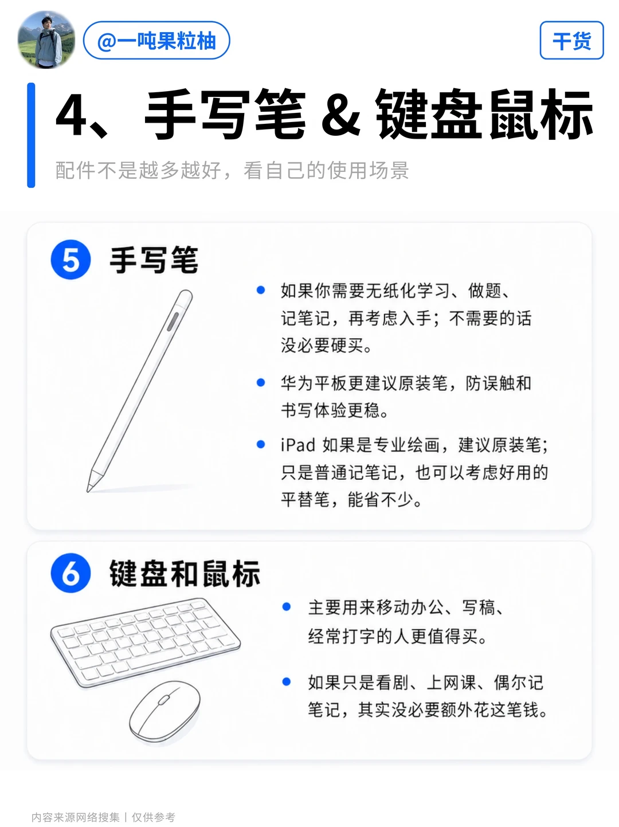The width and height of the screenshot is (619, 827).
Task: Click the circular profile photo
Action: [46, 40]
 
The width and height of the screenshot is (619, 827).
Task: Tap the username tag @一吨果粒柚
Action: [156, 40]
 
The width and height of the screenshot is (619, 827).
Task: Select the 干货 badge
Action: [571, 40]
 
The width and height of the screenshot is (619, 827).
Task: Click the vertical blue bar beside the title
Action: [31, 135]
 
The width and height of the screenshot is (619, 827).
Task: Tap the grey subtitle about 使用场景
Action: [232, 170]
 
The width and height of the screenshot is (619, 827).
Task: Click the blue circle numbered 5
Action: [71, 260]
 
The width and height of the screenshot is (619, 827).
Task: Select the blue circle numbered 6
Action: [71, 573]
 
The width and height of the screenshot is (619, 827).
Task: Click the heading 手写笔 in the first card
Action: [154, 260]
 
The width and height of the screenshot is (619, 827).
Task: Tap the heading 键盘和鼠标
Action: [185, 573]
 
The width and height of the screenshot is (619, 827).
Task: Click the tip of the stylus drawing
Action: [88, 491]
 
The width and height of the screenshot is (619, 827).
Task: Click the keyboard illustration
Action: [146, 642]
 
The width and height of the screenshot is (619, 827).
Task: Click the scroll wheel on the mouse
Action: [163, 700]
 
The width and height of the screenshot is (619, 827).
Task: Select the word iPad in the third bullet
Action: [297, 445]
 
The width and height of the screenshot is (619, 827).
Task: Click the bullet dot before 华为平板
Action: [261, 383]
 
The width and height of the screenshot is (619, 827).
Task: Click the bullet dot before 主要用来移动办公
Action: [287, 606]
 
